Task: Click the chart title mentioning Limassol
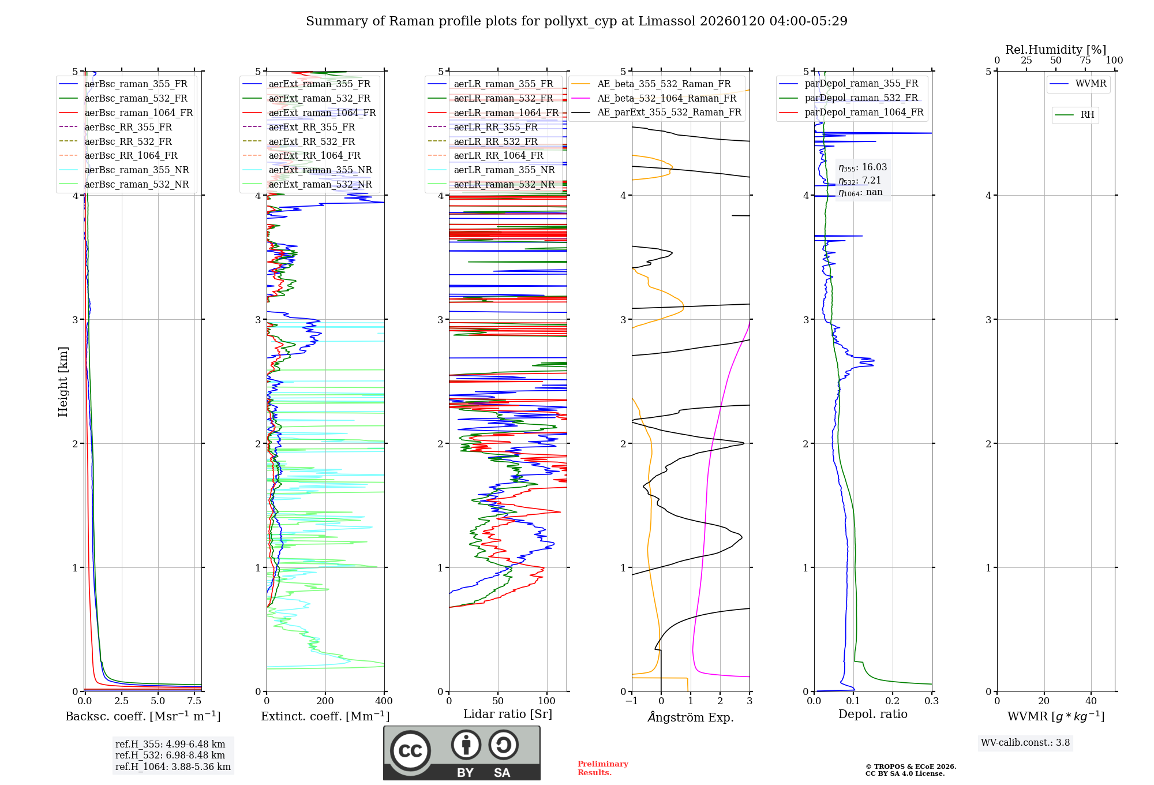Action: click(576, 21)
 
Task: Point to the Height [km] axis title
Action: click(63, 381)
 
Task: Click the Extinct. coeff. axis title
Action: click(325, 716)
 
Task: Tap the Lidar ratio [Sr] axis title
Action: click(507, 714)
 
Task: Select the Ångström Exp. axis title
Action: click(690, 717)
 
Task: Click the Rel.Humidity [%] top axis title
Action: click(1055, 50)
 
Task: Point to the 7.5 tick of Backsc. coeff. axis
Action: click(194, 701)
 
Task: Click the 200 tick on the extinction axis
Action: click(325, 701)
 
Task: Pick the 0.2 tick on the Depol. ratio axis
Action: click(892, 701)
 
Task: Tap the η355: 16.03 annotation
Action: click(863, 167)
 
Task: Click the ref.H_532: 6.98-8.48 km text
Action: click(170, 756)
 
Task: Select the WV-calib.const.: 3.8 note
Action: click(1025, 743)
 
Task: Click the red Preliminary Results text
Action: click(602, 768)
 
